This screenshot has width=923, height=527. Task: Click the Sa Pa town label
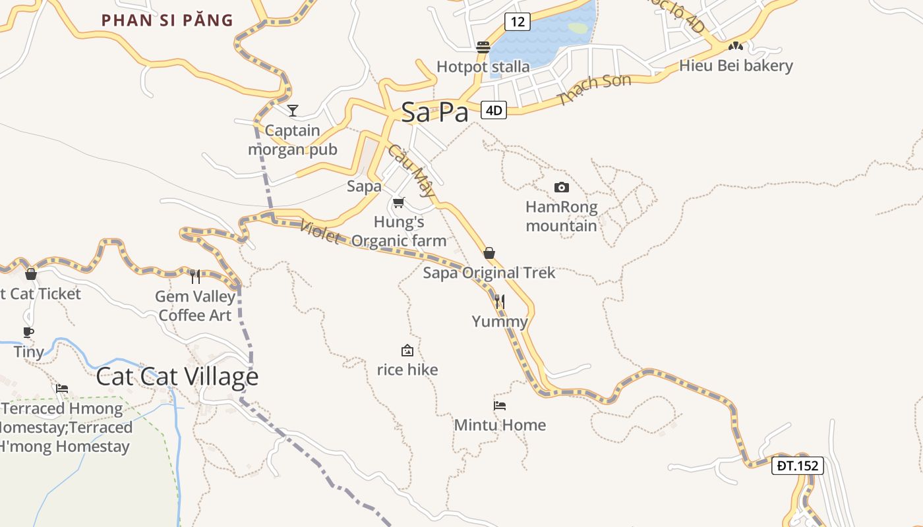click(434, 112)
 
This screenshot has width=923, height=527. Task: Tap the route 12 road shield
click(518, 22)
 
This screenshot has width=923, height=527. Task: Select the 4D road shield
click(494, 110)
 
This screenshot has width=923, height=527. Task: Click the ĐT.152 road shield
click(797, 466)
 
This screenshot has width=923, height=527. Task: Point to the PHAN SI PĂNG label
click(167, 20)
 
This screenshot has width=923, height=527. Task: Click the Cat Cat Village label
click(177, 377)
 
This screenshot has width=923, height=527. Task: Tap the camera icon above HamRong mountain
click(561, 187)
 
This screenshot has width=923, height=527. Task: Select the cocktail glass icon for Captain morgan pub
click(293, 110)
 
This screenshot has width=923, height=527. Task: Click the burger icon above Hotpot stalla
click(483, 47)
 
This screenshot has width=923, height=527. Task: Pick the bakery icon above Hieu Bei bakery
click(735, 47)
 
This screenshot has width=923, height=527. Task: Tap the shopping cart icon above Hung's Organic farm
click(398, 202)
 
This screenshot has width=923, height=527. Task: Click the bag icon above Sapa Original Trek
click(489, 253)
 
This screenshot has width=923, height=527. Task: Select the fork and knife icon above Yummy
click(500, 302)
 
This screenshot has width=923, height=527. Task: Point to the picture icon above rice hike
click(407, 350)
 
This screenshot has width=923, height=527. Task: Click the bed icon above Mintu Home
click(500, 406)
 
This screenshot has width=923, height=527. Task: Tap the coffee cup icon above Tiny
click(28, 332)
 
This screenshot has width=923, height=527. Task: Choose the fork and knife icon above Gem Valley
click(195, 276)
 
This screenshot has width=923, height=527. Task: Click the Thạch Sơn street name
click(594, 90)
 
